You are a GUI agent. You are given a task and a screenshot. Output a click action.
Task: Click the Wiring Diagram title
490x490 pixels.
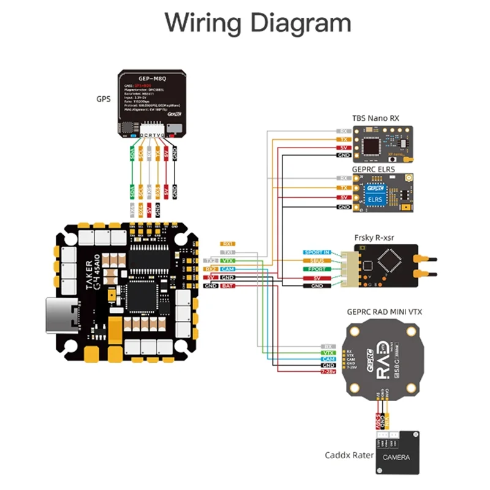pyautogui.click(x=258, y=23)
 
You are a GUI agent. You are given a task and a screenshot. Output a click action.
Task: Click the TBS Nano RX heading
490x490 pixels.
pyautogui.click(x=375, y=118)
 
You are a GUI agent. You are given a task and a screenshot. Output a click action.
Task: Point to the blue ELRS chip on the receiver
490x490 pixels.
pyautogui.click(x=374, y=198)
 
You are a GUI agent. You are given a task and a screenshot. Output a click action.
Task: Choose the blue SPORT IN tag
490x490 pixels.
pyautogui.click(x=317, y=252)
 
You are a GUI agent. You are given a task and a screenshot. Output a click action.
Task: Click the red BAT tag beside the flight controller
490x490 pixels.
pyautogui.click(x=228, y=286)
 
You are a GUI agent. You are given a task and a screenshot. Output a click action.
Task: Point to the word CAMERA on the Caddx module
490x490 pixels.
pyautogui.click(x=398, y=458)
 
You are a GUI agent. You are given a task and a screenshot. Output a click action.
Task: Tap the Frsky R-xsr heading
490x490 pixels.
pyautogui.click(x=375, y=236)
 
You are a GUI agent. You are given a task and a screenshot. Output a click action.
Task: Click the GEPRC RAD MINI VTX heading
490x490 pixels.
pyautogui.click(x=384, y=312)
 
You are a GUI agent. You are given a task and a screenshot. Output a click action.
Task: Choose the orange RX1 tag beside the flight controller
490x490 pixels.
pyautogui.click(x=228, y=243)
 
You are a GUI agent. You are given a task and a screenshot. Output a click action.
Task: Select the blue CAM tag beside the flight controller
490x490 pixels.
pyautogui.click(x=228, y=269)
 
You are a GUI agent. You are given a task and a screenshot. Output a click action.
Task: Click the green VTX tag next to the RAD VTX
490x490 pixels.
pyautogui.click(x=328, y=353)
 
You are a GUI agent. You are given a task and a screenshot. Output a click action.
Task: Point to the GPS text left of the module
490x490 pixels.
pyautogui.click(x=104, y=99)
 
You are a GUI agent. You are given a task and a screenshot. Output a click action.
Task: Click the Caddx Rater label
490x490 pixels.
pyautogui.click(x=346, y=455)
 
